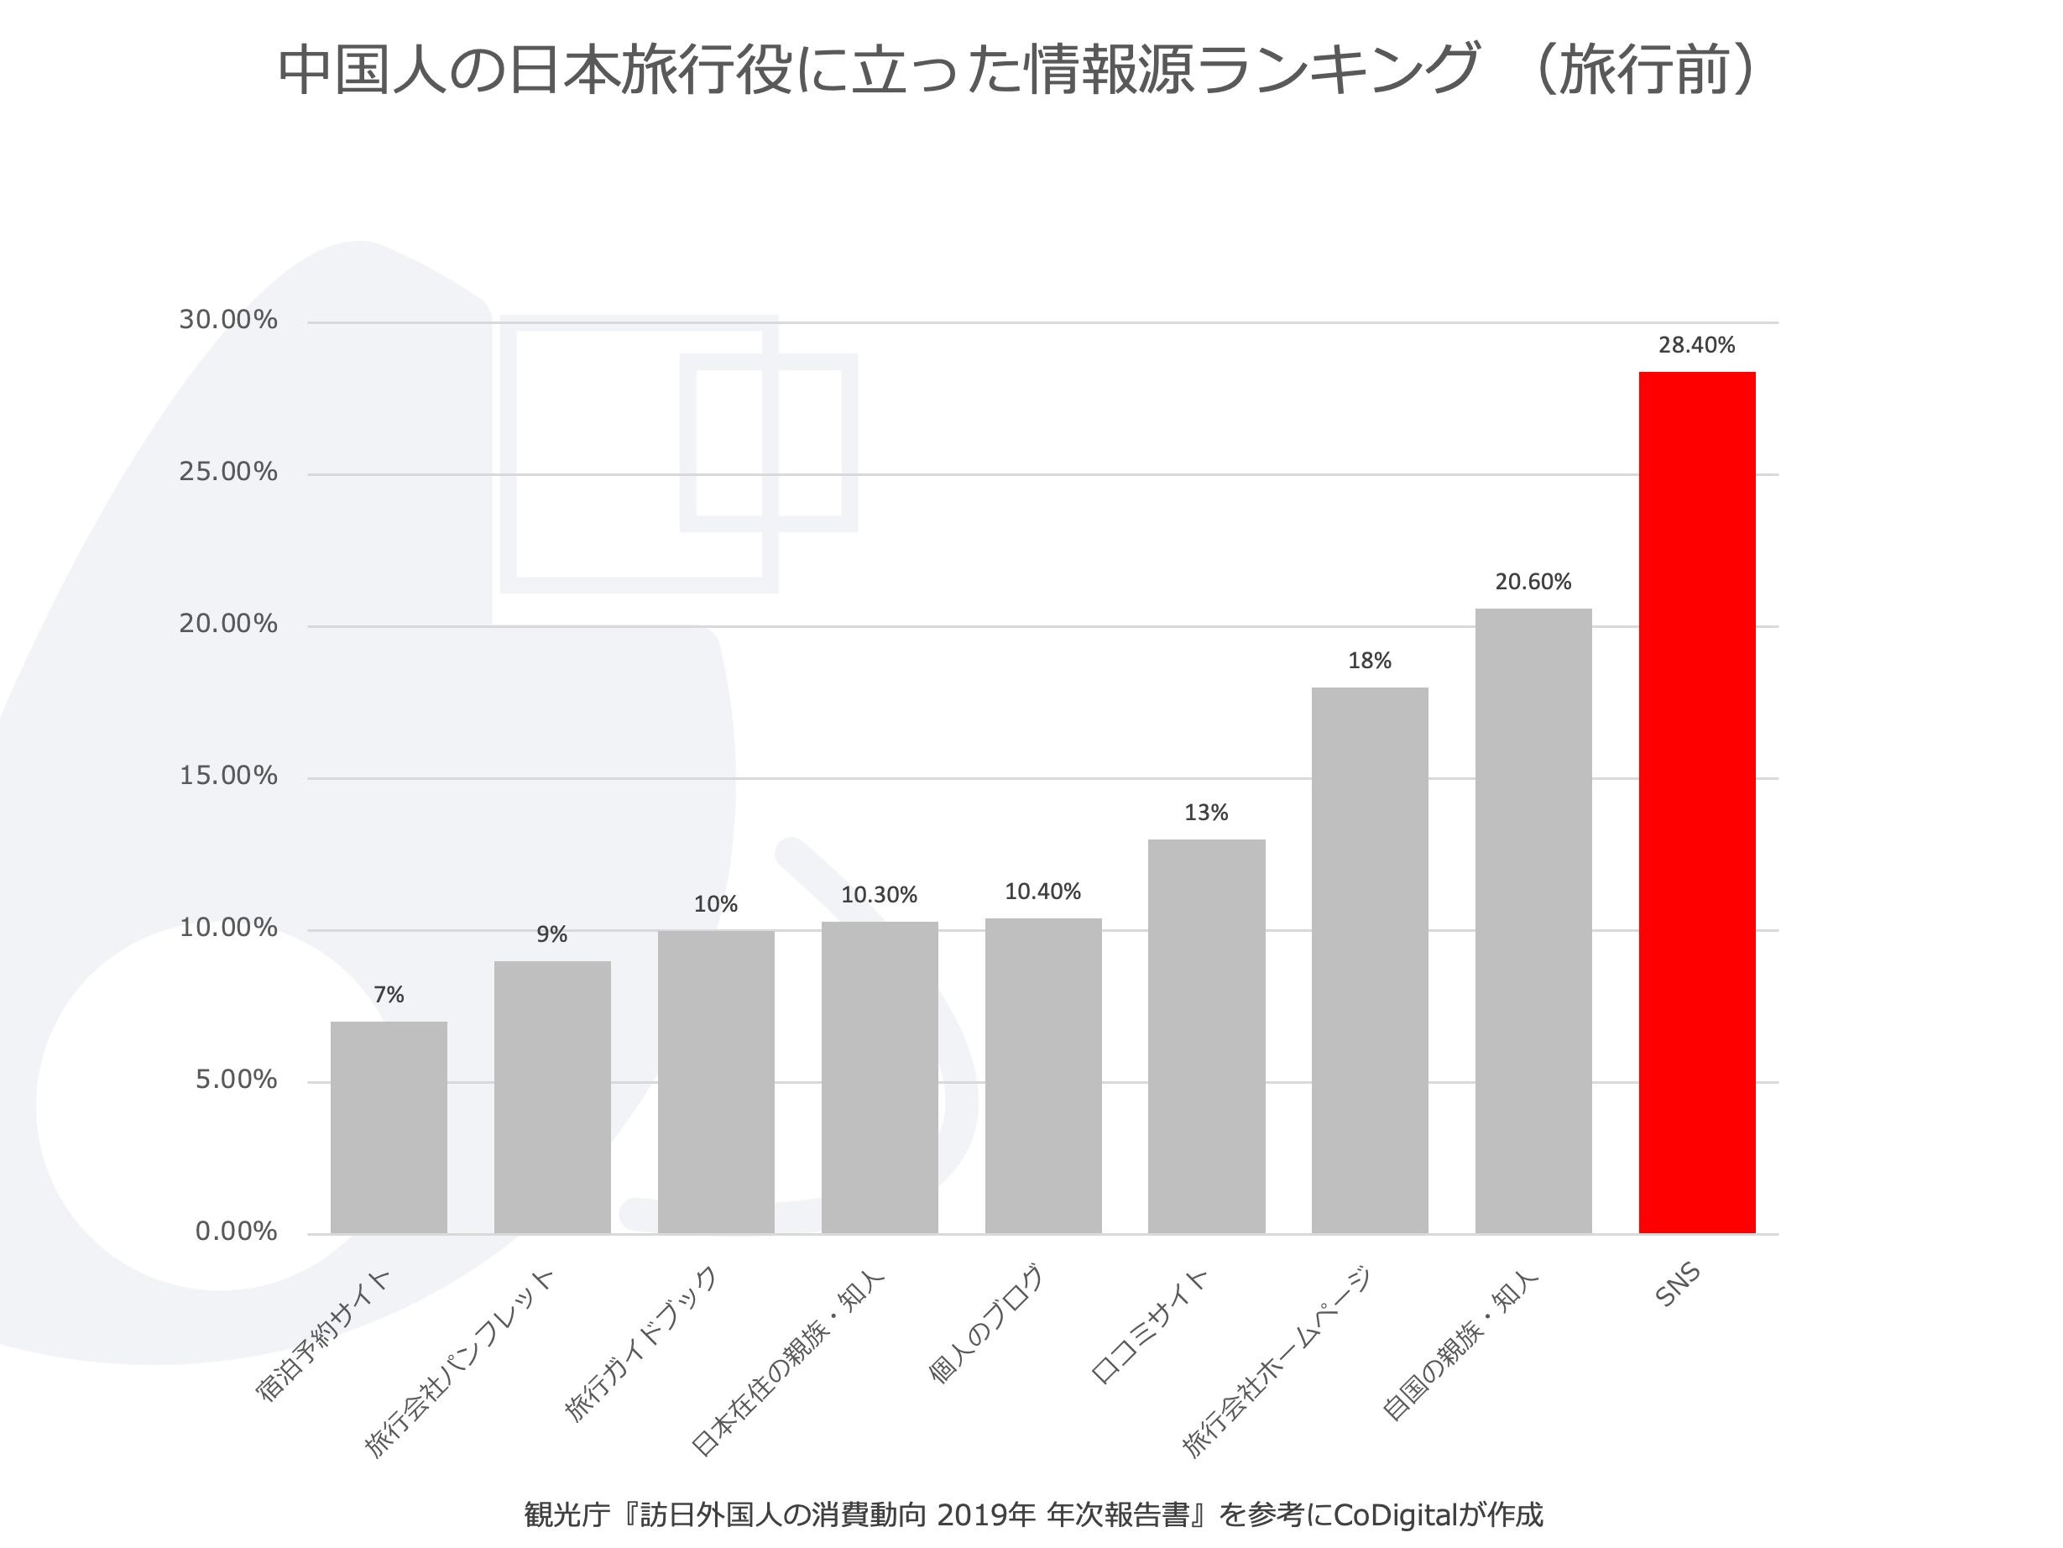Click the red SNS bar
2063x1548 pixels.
1696,803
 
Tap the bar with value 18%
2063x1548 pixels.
1369,960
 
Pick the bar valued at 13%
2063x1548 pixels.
1206,1036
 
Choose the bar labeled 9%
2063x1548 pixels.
552,1096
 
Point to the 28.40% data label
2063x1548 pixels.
1696,345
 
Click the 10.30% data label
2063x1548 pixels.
879,896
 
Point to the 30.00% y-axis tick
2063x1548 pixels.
228,320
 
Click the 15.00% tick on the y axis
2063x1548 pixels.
228,777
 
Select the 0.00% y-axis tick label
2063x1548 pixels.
236,1232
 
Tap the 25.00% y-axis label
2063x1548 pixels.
228,472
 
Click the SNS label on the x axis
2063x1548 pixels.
1678,1285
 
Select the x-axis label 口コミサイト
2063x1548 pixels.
1150,1325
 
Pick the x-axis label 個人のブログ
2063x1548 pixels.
986,1325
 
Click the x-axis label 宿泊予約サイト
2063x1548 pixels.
322,1336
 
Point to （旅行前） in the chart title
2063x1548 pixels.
1646,71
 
